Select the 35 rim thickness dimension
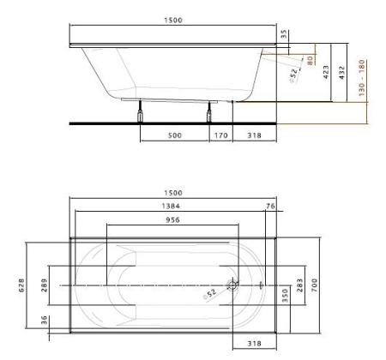click(x=284, y=36)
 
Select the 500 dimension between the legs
click(x=173, y=135)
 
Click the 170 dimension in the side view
click(x=219, y=135)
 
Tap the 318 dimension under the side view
click(x=255, y=135)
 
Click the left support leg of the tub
click(x=140, y=111)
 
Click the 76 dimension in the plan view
click(x=270, y=207)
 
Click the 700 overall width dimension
click(x=315, y=284)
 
